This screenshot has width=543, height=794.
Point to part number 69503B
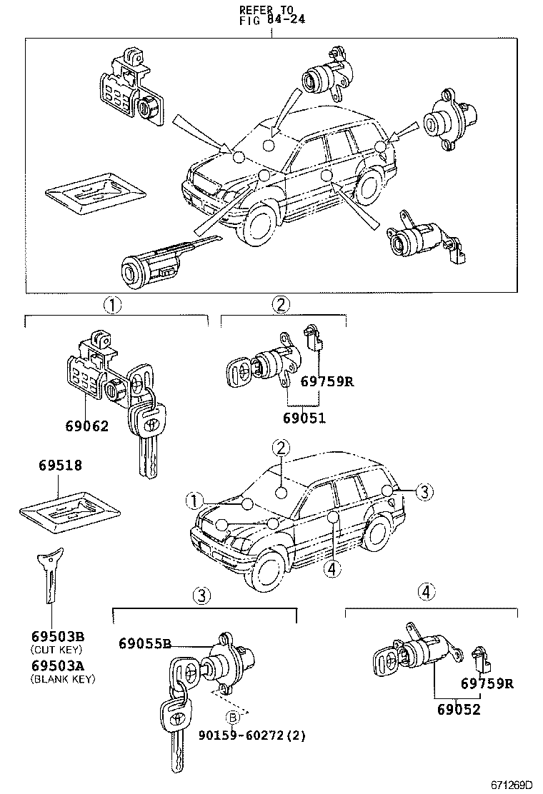(58, 636)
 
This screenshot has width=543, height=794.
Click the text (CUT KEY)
(56, 650)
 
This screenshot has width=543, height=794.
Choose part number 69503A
(58, 665)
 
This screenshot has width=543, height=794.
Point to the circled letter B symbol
(232, 718)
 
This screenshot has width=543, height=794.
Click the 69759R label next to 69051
(327, 381)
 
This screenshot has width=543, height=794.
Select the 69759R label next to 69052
(487, 683)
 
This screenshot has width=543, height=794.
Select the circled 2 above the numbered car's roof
(282, 448)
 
